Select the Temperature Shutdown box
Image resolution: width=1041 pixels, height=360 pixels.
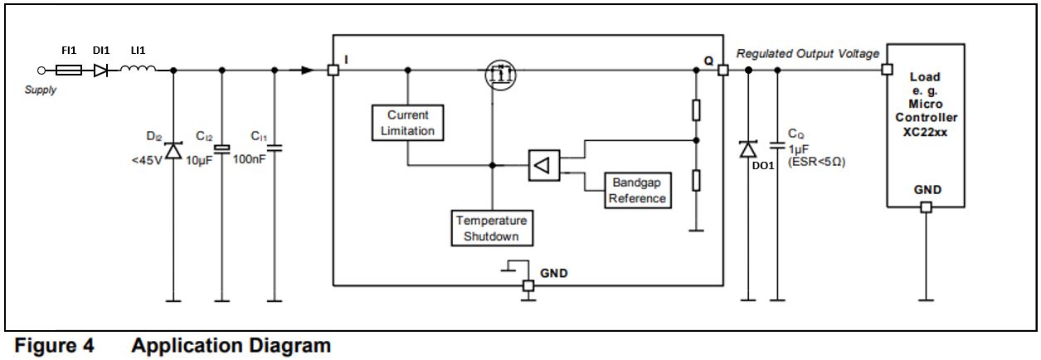point(491,228)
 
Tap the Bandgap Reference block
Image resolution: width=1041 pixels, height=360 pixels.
point(637,190)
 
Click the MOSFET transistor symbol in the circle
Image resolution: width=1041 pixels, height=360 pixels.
point(500,76)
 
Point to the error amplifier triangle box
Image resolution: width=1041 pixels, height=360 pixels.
point(542,165)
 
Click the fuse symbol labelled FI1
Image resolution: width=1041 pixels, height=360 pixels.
point(68,71)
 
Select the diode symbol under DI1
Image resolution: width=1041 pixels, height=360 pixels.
point(101,71)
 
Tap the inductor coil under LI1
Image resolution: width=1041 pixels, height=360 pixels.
point(138,71)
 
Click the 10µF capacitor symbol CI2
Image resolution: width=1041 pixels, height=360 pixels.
point(221,148)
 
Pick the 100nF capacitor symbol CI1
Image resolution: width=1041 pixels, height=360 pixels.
point(276,148)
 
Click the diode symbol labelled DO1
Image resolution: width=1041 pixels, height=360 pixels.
point(748,149)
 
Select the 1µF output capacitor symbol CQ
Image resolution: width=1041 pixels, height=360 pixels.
point(777,145)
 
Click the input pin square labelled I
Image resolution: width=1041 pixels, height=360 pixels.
point(333,71)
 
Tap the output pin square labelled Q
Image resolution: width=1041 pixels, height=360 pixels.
point(722,71)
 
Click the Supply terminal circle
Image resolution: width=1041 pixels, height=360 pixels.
point(40,71)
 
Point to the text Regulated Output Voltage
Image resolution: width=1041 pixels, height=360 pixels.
point(807,54)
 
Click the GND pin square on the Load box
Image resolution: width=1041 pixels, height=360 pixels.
point(926,207)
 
